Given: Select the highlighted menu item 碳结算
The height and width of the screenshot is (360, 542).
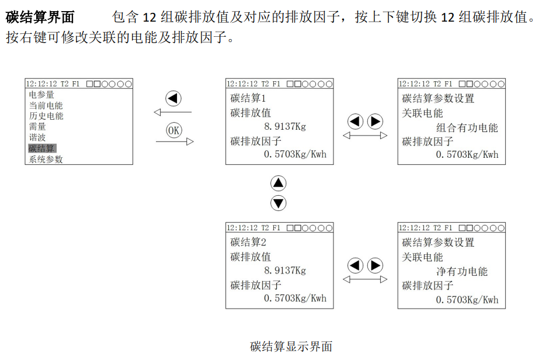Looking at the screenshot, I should pos(41,148).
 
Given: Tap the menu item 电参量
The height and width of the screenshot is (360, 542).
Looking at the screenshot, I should pos(41,95).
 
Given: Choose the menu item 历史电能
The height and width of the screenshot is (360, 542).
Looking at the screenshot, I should pos(46,116).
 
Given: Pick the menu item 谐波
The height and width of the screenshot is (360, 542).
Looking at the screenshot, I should pos(37,137).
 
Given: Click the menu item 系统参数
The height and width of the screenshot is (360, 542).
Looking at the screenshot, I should pos(46,159).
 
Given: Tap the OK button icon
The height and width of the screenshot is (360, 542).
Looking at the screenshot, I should pos(173,130).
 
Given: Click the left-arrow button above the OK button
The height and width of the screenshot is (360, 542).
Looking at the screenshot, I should pos(173,98).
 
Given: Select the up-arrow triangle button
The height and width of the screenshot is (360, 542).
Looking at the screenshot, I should pos(279,183).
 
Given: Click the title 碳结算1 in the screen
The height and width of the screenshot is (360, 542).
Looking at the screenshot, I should pos(248,99).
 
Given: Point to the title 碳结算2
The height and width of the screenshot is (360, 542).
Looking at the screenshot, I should pos(248,243).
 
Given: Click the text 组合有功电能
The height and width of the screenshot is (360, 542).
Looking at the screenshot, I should pos(467,127).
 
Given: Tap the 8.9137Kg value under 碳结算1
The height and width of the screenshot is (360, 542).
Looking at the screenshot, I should pos(285,126).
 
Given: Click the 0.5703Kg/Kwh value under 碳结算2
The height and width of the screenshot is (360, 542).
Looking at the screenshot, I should pos(295,298).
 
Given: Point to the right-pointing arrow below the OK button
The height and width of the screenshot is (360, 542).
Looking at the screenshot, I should pos(174,141).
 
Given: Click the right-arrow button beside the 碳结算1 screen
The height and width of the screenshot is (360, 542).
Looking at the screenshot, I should pos(374,122).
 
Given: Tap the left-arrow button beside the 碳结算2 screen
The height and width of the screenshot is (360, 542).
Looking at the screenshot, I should pos(356,265).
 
